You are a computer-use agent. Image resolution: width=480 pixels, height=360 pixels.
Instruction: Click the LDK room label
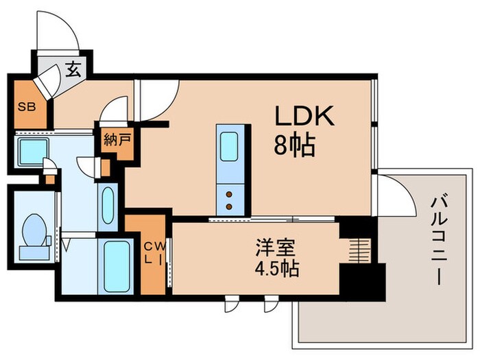click(x=304, y=117)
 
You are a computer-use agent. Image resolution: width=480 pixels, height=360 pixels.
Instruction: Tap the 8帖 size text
click(x=295, y=145)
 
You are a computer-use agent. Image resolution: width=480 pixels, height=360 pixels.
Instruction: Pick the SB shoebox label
click(x=26, y=108)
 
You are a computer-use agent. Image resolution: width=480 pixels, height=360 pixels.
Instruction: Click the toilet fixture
click(x=32, y=230)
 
